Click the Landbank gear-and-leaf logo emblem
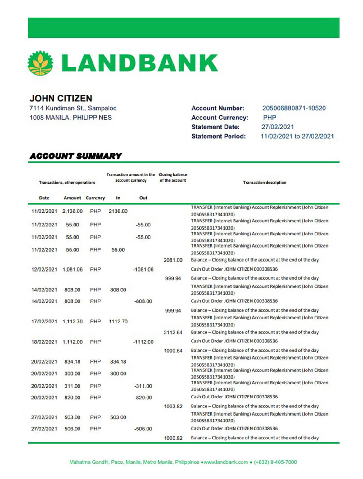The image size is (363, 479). [x=40, y=63]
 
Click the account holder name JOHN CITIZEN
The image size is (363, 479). [x=61, y=99]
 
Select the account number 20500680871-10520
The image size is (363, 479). [x=294, y=108]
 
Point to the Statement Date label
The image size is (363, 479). [x=216, y=127]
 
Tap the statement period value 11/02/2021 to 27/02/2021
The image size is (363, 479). [x=297, y=136]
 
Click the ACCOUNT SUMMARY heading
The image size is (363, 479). [x=75, y=156]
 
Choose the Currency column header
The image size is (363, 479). [x=95, y=198]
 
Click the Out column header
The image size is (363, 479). [x=143, y=198]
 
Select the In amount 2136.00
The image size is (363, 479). [x=118, y=211]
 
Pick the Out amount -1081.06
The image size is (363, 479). [x=143, y=269]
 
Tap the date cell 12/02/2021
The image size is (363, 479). [x=44, y=269]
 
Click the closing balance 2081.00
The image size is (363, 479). [x=173, y=260]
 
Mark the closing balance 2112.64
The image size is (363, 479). [x=173, y=333]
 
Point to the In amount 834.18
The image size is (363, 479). [x=118, y=362]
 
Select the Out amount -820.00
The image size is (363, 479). [x=143, y=398]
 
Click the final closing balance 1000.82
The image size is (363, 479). [x=173, y=438]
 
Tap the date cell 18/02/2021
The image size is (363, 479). [x=44, y=342]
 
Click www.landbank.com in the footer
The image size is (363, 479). [x=226, y=462]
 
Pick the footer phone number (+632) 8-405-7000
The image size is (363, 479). [x=275, y=462]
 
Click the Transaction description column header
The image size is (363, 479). [x=265, y=182]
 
